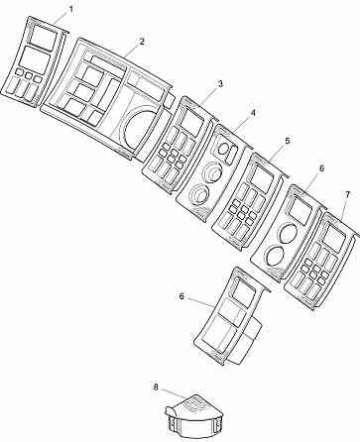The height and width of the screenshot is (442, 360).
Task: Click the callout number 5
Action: pos(287,142)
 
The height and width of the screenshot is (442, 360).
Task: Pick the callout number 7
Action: pos(347,193)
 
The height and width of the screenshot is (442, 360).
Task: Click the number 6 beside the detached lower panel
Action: pos(181,295)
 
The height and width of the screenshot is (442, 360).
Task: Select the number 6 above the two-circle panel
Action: pos(320,168)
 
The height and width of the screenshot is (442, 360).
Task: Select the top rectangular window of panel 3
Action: pos(194,127)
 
